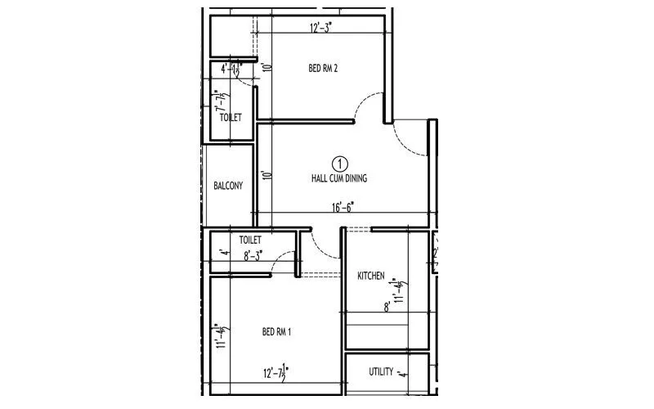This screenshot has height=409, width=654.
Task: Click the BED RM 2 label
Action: pyautogui.click(x=324, y=69)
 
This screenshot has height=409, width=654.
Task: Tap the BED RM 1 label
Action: pyautogui.click(x=277, y=331)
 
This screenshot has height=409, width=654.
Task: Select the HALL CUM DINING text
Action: pyautogui.click(x=340, y=178)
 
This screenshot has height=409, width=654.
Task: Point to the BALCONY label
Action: pyautogui.click(x=228, y=186)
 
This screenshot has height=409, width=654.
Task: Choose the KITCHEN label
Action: pyautogui.click(x=371, y=276)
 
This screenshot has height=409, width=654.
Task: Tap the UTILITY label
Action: pyautogui.click(x=382, y=372)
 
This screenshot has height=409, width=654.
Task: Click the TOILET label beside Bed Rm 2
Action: pyautogui.click(x=231, y=118)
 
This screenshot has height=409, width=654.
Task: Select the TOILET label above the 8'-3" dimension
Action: pyautogui.click(x=250, y=240)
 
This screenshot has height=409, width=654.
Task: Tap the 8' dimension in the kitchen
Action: pyautogui.click(x=387, y=308)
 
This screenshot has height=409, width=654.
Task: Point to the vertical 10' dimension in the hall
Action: pyautogui.click(x=265, y=175)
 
